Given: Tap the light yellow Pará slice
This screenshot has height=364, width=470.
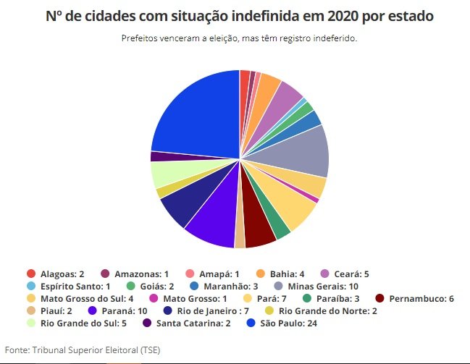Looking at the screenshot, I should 293,206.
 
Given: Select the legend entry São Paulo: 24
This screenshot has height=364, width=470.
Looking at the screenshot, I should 275,323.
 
